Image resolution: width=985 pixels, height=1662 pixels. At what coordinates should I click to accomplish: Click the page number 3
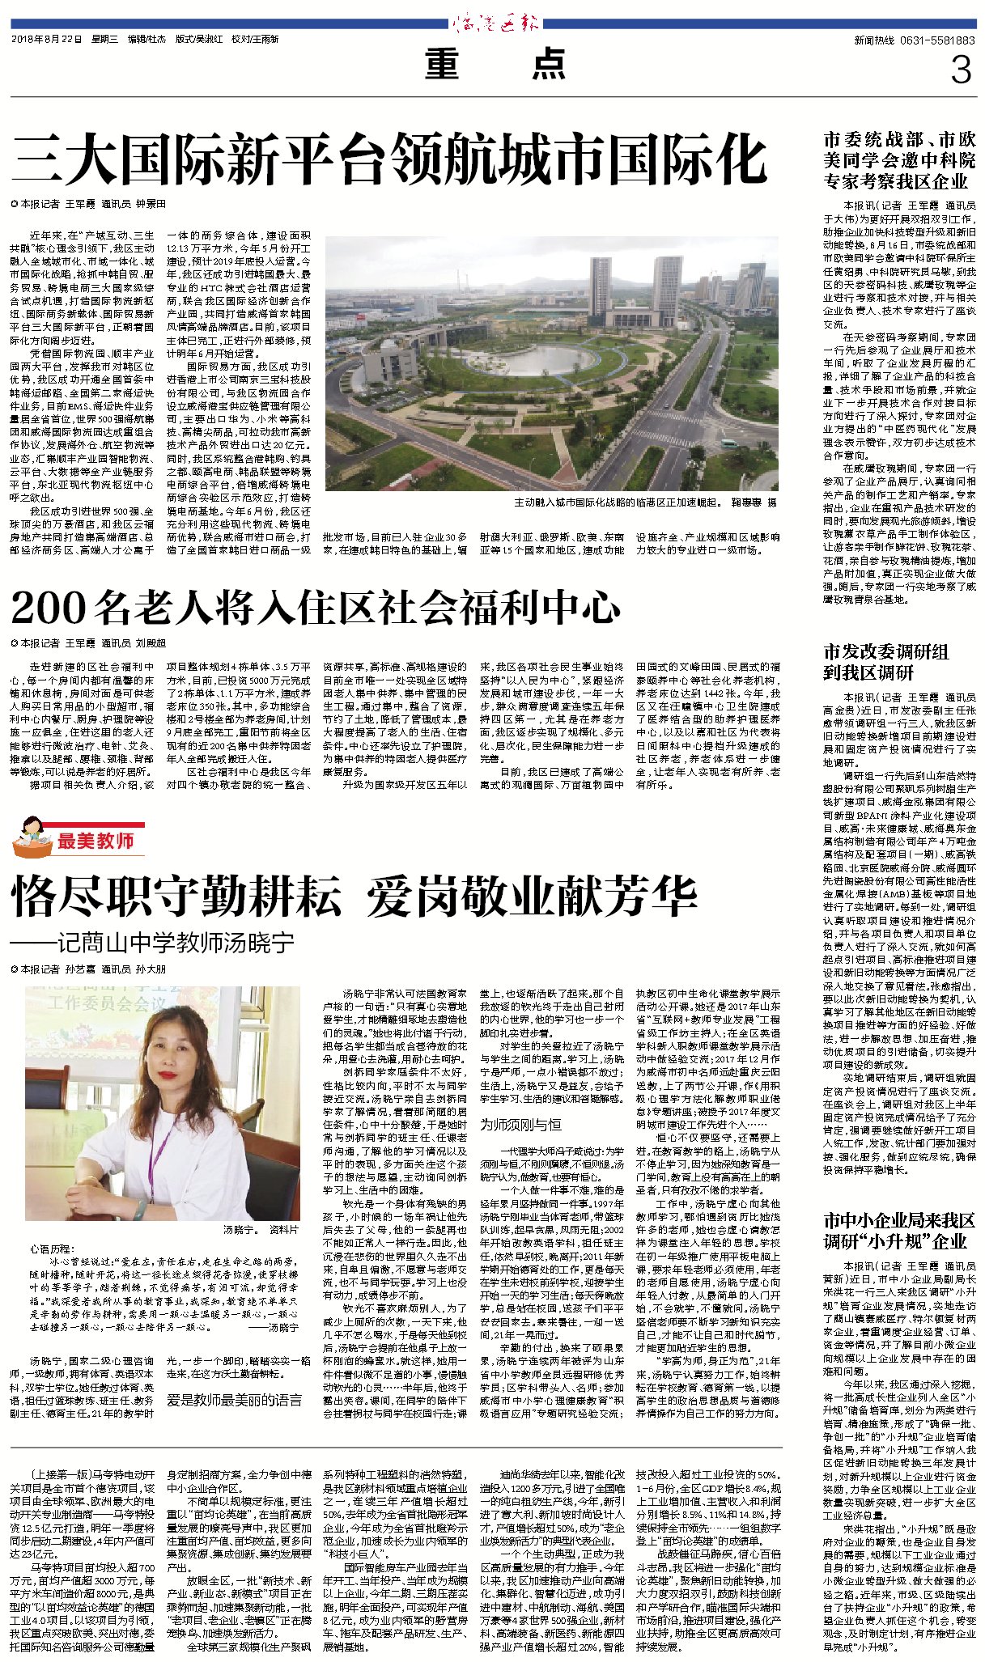(x=960, y=71)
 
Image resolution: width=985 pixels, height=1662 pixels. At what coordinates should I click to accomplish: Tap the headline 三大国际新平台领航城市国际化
(x=388, y=160)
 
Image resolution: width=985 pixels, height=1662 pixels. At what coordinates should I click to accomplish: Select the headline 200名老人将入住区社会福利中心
(x=316, y=608)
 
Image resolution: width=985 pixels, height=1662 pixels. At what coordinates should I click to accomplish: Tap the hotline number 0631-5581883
(x=937, y=40)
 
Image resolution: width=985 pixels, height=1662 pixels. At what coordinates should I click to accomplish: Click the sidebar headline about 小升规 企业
(x=898, y=1231)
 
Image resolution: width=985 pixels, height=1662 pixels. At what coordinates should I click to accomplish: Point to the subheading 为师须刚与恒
(x=520, y=1125)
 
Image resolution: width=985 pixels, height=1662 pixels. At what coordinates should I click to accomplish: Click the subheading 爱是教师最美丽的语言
(x=235, y=1399)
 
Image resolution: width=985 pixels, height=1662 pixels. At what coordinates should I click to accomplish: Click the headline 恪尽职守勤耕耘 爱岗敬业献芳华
(x=354, y=896)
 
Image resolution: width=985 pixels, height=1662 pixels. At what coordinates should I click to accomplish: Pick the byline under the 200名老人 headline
(x=89, y=643)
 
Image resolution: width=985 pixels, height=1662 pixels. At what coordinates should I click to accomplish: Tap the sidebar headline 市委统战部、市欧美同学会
(x=898, y=160)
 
